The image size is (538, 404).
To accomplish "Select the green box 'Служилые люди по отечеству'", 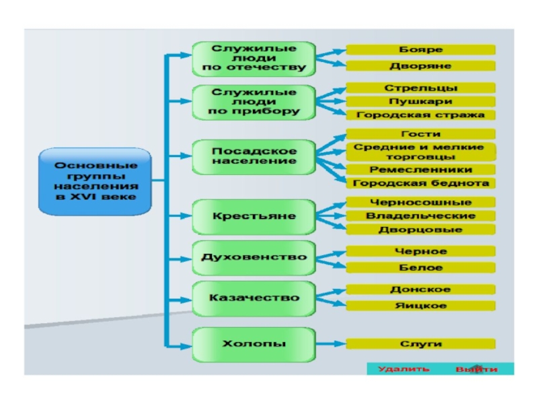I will click(254, 59).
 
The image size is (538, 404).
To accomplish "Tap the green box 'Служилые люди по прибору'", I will click(254, 102).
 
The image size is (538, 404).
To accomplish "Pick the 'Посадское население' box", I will click(254, 156).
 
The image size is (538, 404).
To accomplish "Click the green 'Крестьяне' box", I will click(254, 216).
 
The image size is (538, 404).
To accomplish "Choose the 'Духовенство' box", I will click(254, 257).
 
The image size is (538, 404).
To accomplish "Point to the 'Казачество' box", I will click(254, 298).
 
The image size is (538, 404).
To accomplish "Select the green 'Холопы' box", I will click(254, 344).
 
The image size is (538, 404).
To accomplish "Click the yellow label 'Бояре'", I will click(421, 50).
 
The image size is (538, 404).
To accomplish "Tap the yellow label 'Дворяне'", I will click(421, 66).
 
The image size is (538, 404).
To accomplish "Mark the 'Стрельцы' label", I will click(421, 88).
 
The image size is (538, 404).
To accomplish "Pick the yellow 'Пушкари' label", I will click(421, 102).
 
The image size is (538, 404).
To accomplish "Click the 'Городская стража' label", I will click(421, 115).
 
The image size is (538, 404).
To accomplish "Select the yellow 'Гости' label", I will click(421, 134).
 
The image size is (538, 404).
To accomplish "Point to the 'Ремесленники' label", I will click(421, 170).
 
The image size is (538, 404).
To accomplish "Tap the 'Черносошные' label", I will click(421, 203).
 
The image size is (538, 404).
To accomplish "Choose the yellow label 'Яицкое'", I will click(421, 306).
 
